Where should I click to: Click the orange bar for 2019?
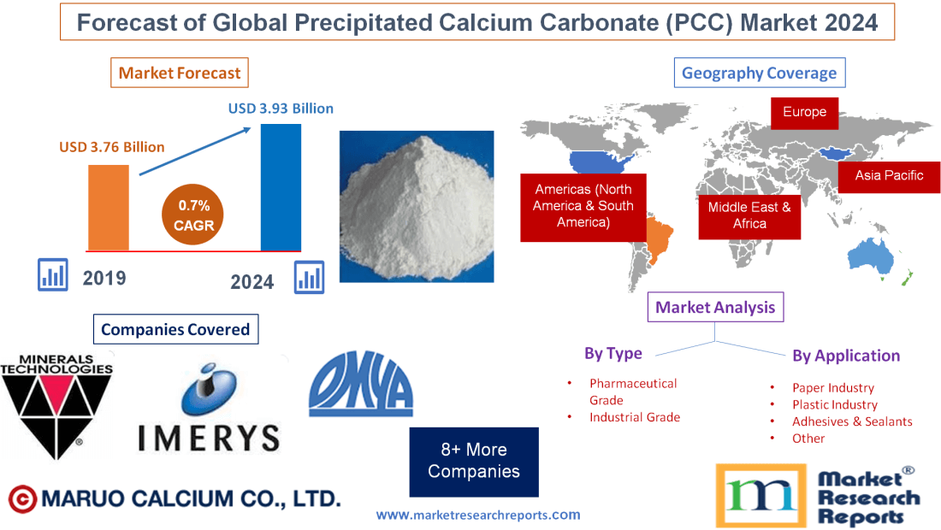pyautogui.click(x=109, y=208)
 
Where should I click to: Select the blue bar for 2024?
pyautogui.click(x=281, y=188)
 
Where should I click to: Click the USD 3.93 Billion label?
pyautogui.click(x=281, y=109)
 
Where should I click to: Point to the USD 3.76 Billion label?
pyautogui.click(x=112, y=147)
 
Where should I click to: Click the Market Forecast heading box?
pyautogui.click(x=180, y=73)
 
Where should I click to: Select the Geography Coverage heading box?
pyautogui.click(x=759, y=73)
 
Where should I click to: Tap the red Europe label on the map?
pyautogui.click(x=804, y=112)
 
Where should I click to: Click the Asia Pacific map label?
pyautogui.click(x=889, y=175)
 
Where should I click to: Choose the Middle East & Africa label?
pyautogui.click(x=749, y=215)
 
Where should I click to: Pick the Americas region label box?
pyautogui.click(x=583, y=206)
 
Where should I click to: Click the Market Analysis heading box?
pyautogui.click(x=715, y=307)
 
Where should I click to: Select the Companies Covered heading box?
pyautogui.click(x=175, y=329)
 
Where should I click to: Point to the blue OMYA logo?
pyautogui.click(x=360, y=386)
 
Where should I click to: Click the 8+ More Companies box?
pyautogui.click(x=474, y=461)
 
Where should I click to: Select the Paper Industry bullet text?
pyautogui.click(x=832, y=388)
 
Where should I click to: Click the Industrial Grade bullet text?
pyautogui.click(x=634, y=417)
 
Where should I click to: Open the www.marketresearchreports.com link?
pyautogui.click(x=478, y=515)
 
